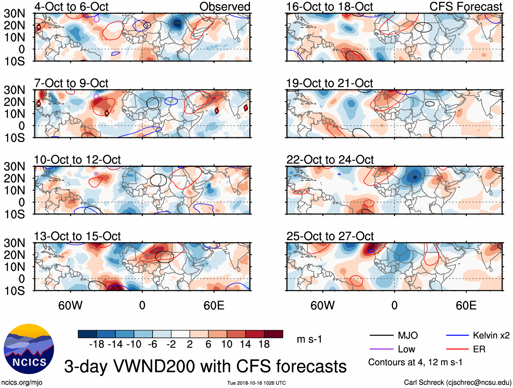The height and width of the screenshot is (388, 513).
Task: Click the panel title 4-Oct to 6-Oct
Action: [71, 6]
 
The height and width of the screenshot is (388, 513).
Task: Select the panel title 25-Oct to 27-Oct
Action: [330, 236]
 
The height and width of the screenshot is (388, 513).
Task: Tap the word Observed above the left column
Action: [225, 6]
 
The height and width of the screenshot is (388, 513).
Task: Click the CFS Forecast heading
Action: [466, 6]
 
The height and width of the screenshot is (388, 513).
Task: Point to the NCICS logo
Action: [29, 349]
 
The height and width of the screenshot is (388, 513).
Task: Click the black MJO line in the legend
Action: [381, 336]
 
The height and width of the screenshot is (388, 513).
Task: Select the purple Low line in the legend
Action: [381, 349]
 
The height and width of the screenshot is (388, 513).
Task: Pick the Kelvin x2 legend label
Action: [491, 336]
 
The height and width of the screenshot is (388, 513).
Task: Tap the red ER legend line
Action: [457, 349]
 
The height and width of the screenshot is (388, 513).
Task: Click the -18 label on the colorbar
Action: [97, 345]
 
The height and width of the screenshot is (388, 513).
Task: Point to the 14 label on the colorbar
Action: [245, 345]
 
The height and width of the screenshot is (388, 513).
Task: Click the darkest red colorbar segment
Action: [273, 334]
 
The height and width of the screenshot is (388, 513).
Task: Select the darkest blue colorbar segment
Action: [87, 334]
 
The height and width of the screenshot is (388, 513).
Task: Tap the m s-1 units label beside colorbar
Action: [309, 339]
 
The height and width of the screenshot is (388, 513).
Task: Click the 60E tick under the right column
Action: [466, 305]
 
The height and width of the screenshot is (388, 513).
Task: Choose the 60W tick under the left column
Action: [70, 305]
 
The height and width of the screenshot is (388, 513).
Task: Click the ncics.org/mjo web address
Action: [22, 382]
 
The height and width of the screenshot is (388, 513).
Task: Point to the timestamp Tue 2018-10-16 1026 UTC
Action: [256, 383]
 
